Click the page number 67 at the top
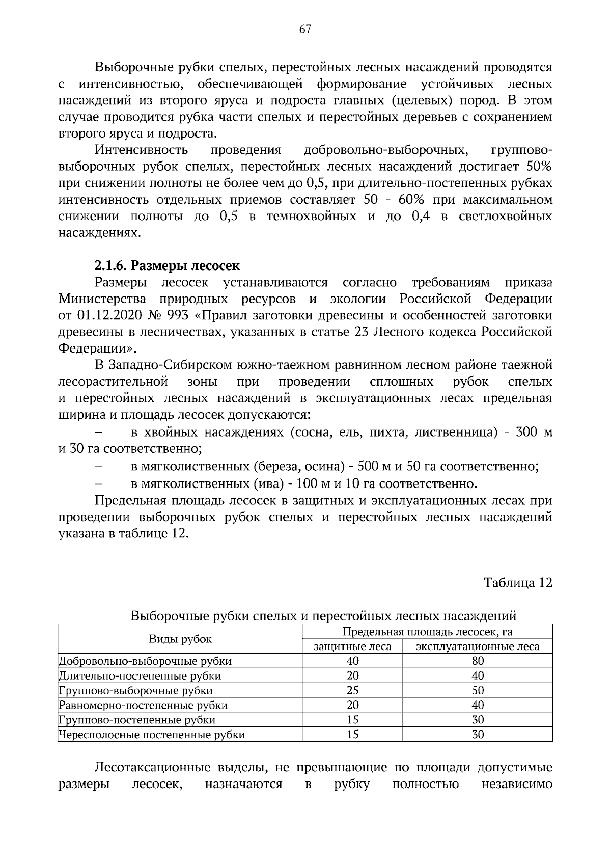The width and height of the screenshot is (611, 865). tap(305, 29)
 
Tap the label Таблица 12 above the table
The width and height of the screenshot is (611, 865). tap(518, 583)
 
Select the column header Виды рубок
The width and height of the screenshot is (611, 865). tap(180, 639)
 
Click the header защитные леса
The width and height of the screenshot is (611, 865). tap(352, 647)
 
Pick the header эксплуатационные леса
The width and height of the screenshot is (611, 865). tap(478, 647)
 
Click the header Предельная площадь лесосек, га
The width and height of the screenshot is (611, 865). tap(427, 632)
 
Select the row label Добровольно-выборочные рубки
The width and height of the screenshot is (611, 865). tap(145, 662)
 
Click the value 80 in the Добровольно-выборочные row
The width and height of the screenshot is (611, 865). tap(478, 662)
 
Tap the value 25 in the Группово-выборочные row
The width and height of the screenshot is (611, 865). tap(352, 691)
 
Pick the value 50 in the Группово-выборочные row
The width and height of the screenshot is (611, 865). tap(478, 691)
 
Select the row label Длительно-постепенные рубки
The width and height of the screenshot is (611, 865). tap(140, 677)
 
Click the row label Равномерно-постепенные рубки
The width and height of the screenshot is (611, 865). tap(143, 706)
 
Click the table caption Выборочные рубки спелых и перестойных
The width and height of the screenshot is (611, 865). tap(323, 616)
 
